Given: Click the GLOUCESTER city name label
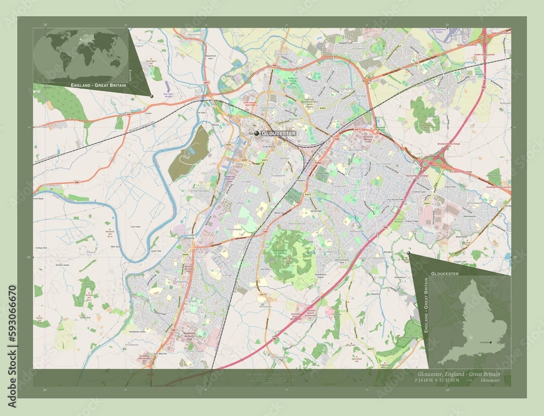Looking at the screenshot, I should pyautogui.click(x=279, y=133).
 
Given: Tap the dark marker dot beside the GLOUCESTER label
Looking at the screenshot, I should pyautogui.click(x=257, y=133).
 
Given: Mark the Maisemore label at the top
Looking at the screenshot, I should pyautogui.click(x=195, y=34).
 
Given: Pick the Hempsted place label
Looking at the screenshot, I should pyautogui.click(x=201, y=191).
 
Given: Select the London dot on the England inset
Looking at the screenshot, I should pyautogui.click(x=491, y=342).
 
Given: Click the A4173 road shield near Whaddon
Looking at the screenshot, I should pyautogui.click(x=263, y=295).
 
